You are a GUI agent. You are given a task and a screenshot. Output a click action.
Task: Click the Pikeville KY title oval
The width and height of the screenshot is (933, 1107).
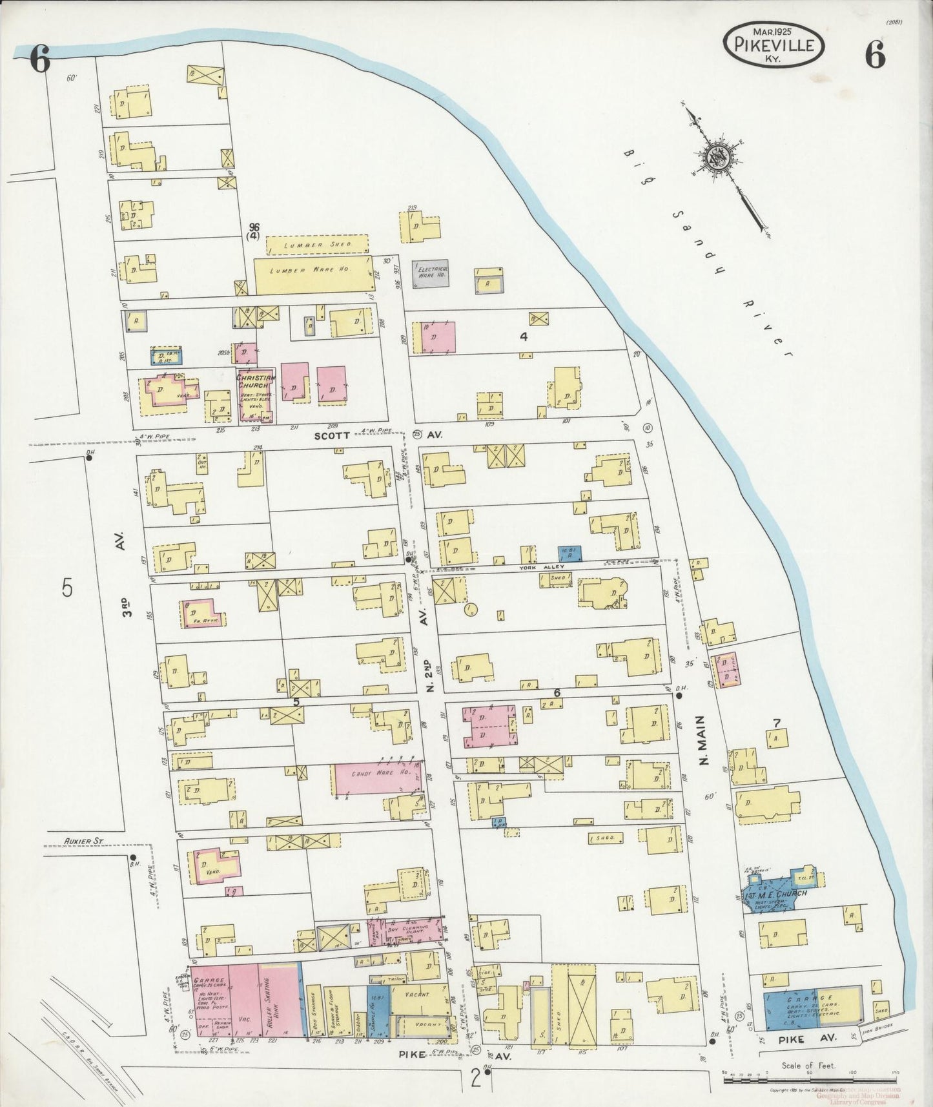click(773, 44)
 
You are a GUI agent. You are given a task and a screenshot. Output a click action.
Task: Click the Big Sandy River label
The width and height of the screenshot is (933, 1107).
click(708, 252)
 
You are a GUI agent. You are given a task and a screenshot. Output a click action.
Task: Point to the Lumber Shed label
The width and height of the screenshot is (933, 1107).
click(317, 244)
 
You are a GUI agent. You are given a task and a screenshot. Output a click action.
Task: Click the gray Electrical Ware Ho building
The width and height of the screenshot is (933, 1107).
click(431, 274)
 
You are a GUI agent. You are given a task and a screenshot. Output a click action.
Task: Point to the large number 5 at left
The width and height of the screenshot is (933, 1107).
click(67, 588)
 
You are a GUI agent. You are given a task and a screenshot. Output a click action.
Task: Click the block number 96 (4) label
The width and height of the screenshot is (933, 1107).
click(254, 231)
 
